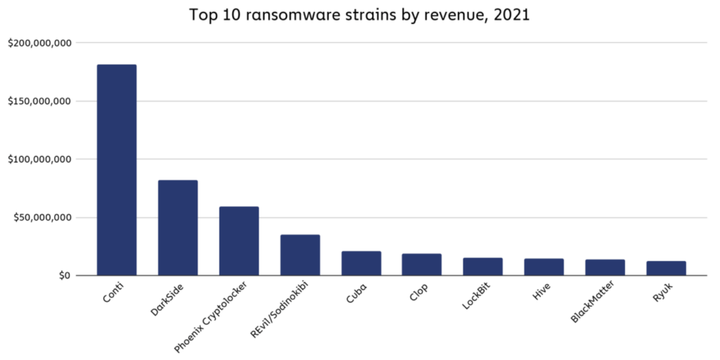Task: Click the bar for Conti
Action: pos(117,169)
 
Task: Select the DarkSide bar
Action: pos(178,228)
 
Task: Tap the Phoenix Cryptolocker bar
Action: pos(239,240)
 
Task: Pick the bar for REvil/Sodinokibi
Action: pos(300,255)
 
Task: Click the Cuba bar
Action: pos(361,263)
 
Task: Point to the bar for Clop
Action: pos(422,264)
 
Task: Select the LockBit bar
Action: pos(483,266)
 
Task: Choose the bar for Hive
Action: pos(544,267)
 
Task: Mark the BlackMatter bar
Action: pos(605,267)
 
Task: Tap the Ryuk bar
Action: pos(667,268)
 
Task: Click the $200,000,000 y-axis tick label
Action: pos(39,43)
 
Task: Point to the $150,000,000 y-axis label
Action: pos(39,101)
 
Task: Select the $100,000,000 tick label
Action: pos(39,160)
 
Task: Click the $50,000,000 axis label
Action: pos(42,217)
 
